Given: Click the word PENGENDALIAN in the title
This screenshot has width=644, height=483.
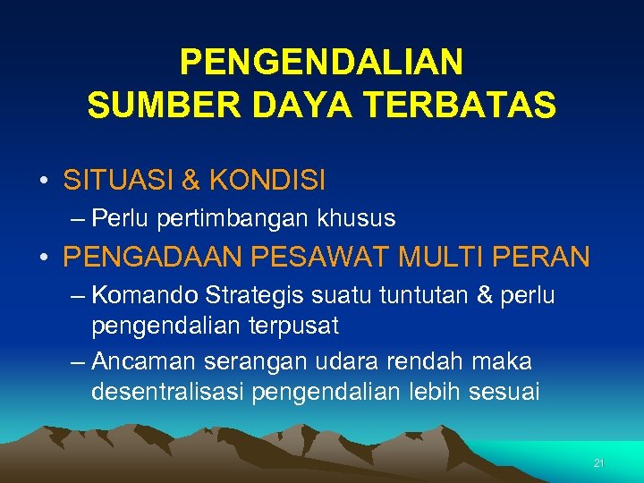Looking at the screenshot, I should [321, 63].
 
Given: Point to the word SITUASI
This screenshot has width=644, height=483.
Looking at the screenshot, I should [119, 181].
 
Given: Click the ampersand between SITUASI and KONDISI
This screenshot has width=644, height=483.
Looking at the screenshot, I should [191, 181].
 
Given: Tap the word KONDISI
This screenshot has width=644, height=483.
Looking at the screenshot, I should [267, 181].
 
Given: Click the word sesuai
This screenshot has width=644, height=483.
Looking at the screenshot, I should [505, 393].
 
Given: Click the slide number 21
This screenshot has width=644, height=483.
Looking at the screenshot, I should [599, 463].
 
